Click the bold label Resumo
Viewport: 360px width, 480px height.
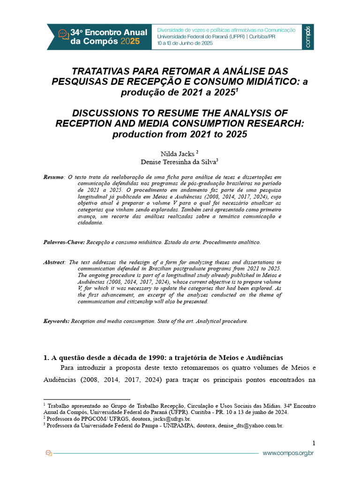(x=53, y=177)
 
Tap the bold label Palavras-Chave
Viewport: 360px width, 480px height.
(x=64, y=242)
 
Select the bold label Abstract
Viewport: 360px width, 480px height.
(x=54, y=262)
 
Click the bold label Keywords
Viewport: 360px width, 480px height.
(x=56, y=321)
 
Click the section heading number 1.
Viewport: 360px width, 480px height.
(x=46, y=357)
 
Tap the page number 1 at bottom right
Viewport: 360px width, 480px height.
(x=314, y=443)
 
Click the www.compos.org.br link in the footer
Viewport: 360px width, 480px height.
(x=288, y=453)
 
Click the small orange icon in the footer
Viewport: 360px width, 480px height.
(x=48, y=453)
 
